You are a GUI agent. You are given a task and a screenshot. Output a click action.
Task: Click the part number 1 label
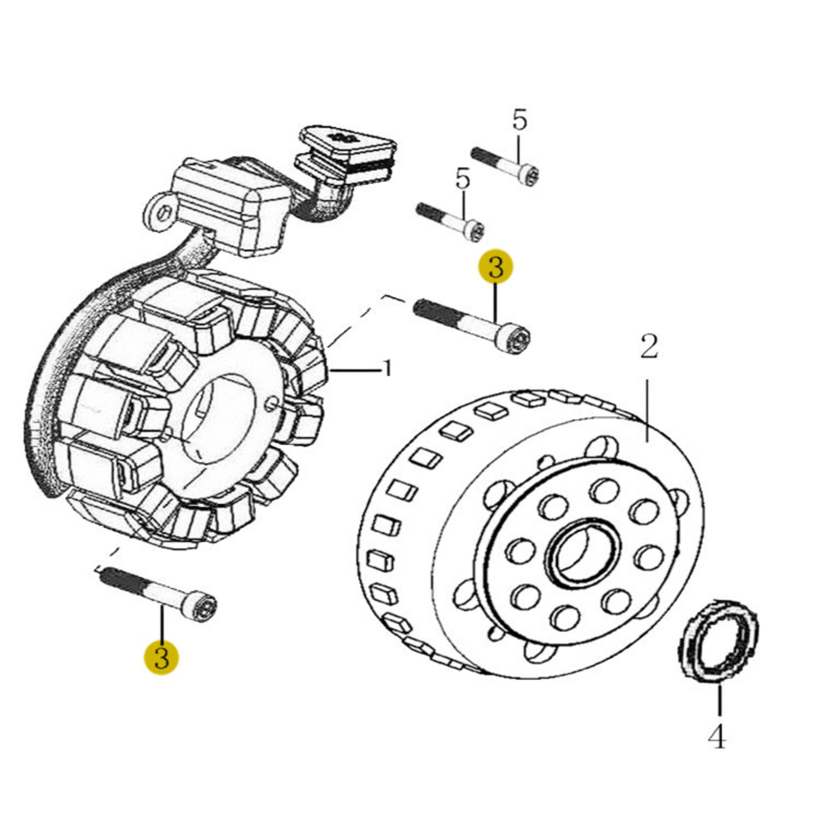coord(386,370)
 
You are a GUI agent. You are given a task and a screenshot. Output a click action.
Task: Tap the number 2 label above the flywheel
coord(649,347)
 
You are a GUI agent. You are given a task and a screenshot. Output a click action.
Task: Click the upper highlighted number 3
coord(495,267)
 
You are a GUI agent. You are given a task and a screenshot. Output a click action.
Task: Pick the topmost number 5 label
coord(520,121)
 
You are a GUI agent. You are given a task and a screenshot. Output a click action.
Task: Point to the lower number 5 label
coord(462,179)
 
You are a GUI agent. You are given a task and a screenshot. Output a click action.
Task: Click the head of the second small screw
coord(474,232)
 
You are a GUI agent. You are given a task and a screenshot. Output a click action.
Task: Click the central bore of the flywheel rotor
coord(583,553)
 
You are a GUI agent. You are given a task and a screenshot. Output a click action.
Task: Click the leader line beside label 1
coord(356,370)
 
